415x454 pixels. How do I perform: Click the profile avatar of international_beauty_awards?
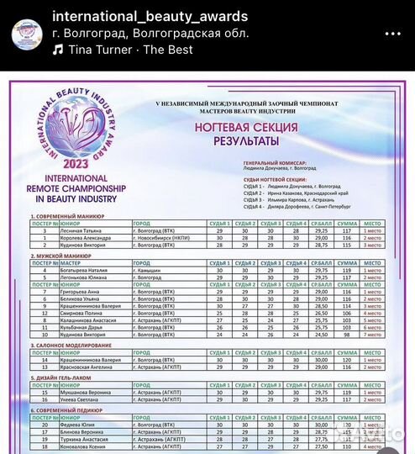coord(28,33)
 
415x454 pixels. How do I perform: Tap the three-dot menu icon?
coord(393,32)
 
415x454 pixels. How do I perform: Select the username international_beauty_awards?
coord(150,17)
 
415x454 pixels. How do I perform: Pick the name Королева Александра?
coord(83,237)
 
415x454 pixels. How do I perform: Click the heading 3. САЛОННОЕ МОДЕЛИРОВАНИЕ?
coord(77,345)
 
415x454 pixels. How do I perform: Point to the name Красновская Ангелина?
coord(84,367)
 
